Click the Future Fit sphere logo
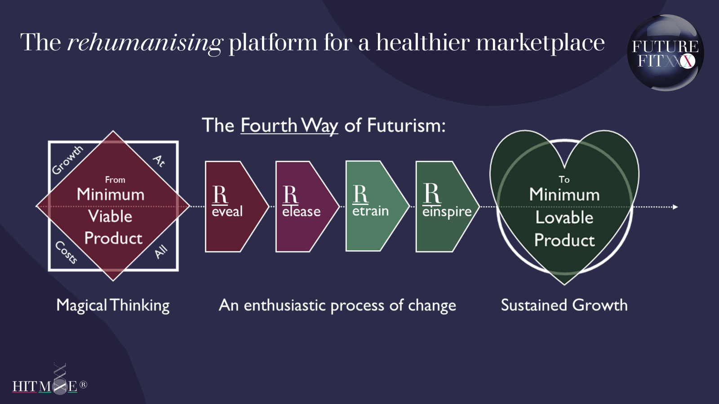pos(666,53)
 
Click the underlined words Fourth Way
pos(289,126)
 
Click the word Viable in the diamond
pos(110,216)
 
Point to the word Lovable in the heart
pos(564,218)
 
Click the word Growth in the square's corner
pos(67,160)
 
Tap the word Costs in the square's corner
pos(66,252)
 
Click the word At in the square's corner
pos(160,160)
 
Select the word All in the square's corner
pos(161,252)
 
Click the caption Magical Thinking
pos(113,306)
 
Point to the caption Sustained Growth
pos(564,305)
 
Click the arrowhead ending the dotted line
pos(675,207)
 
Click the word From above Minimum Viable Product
pos(115,180)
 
